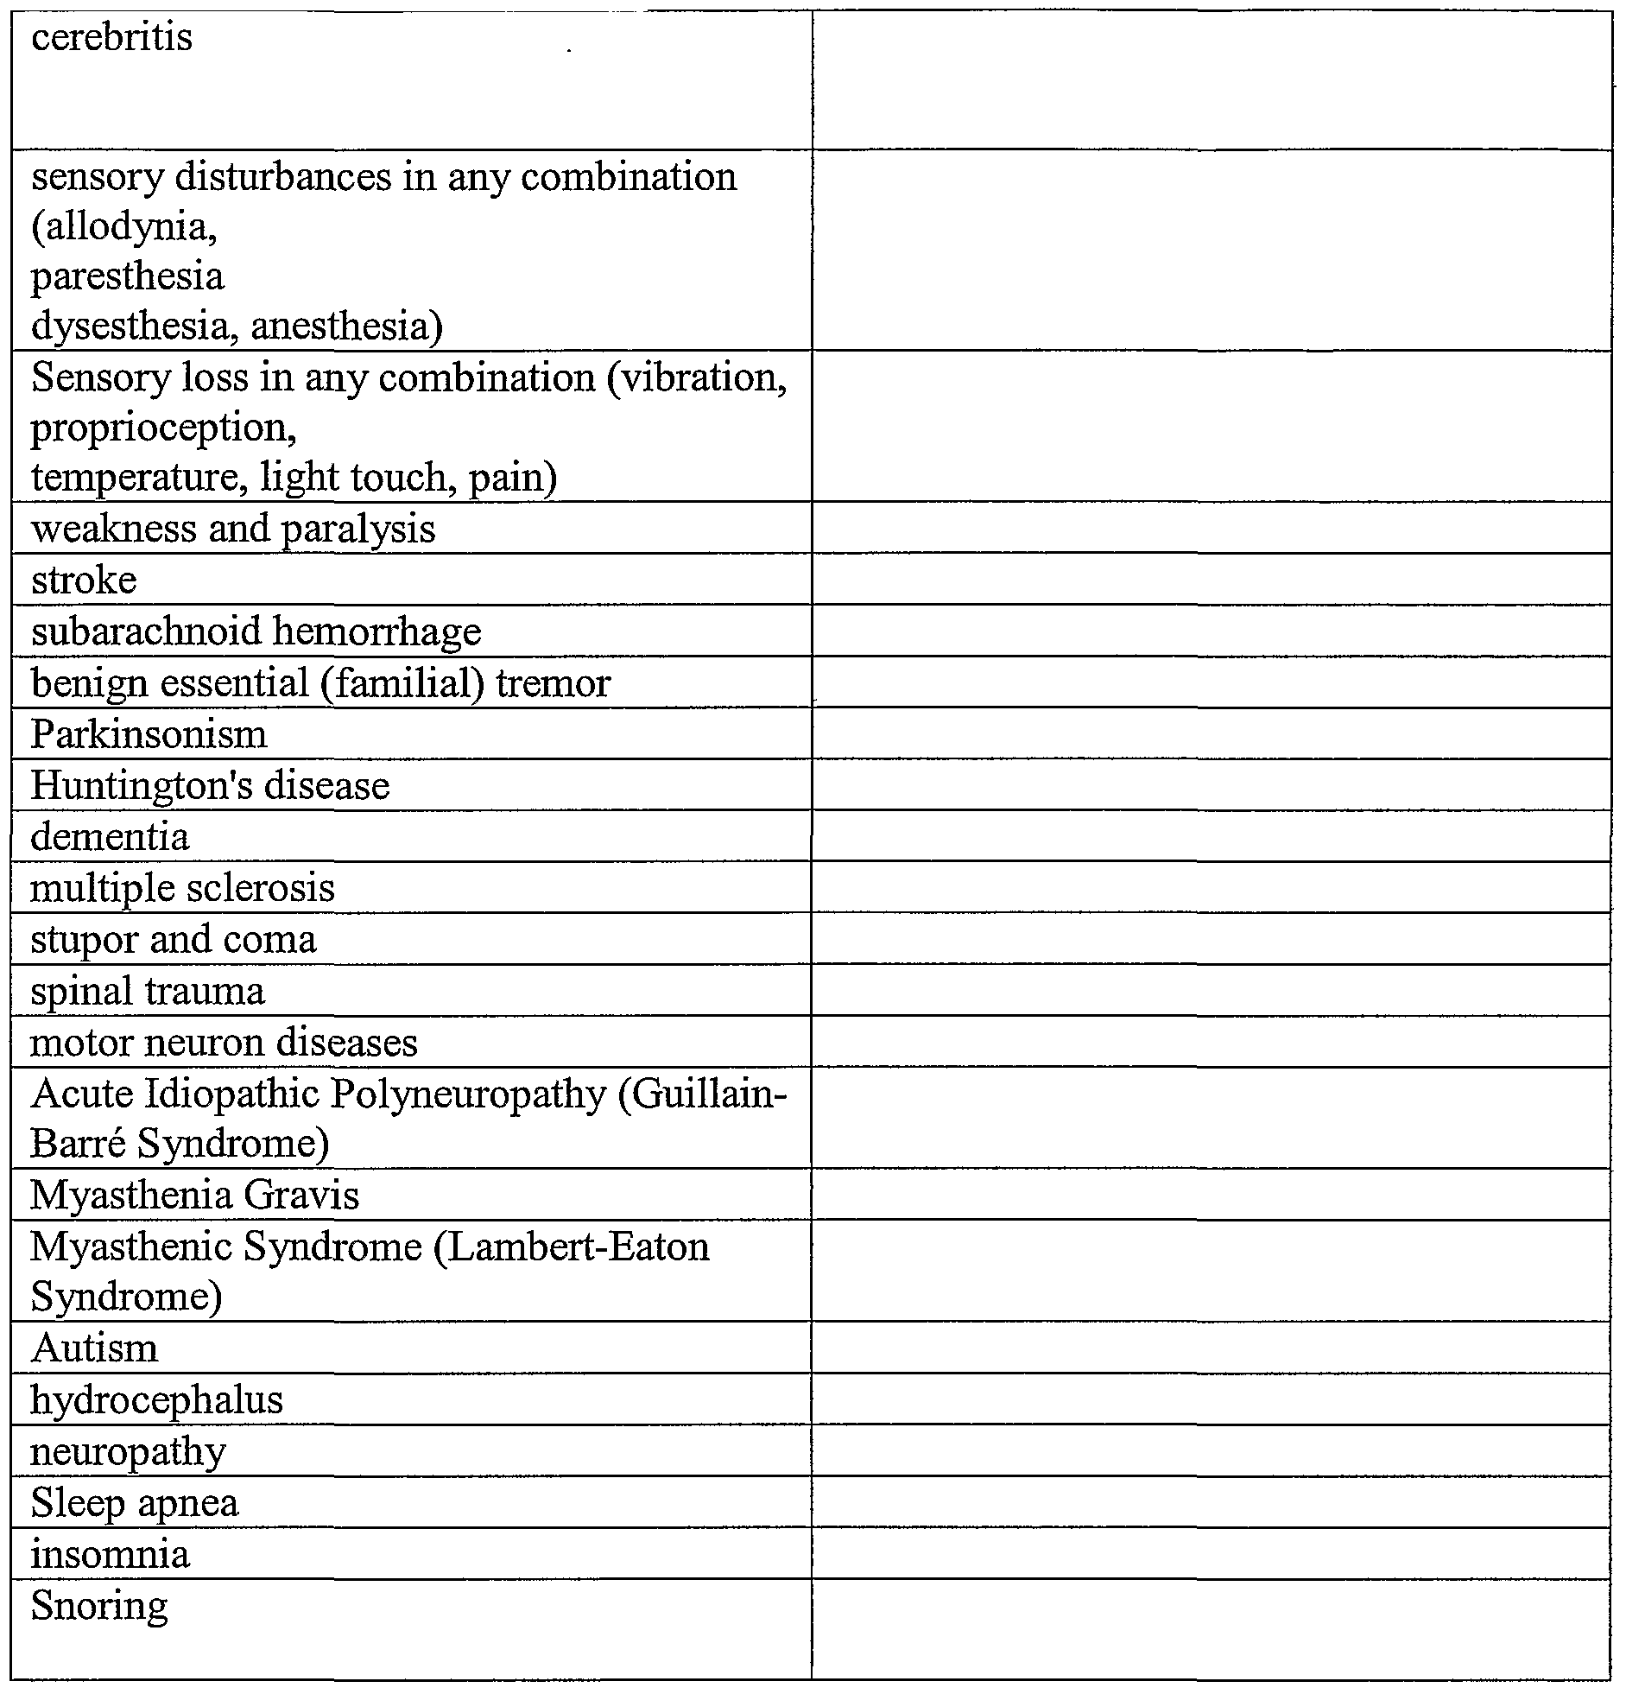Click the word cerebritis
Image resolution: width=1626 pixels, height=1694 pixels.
[111, 37]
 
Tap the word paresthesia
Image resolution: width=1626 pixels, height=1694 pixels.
[127, 276]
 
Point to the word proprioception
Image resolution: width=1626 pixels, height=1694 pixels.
[163, 428]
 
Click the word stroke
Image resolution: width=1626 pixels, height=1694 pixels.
[84, 580]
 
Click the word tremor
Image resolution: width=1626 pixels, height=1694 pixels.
[553, 683]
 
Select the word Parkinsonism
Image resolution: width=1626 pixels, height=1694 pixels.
[149, 734]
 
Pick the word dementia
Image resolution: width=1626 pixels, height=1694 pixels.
[109, 836]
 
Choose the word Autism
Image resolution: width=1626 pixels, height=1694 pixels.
[94, 1348]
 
